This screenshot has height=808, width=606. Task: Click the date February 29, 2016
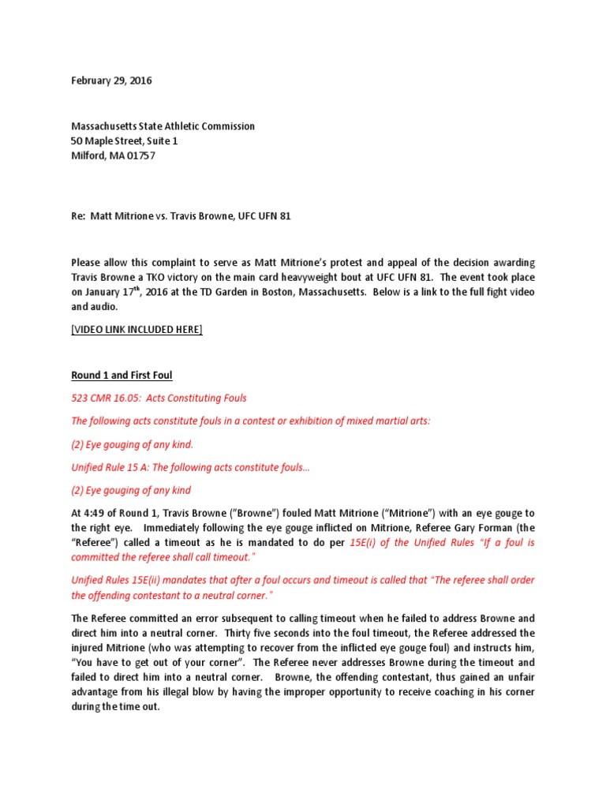click(111, 80)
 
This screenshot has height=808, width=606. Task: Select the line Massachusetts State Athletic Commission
click(163, 126)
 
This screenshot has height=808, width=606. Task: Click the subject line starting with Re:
click(181, 216)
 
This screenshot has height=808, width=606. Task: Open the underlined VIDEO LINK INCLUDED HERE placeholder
click(137, 330)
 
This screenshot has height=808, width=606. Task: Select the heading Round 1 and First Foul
click(122, 376)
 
